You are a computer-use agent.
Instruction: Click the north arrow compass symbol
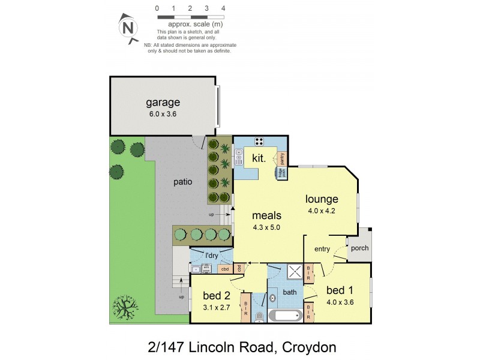click(x=127, y=27)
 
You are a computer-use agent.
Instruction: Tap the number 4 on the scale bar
click(x=223, y=8)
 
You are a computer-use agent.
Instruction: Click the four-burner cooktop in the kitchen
click(x=259, y=142)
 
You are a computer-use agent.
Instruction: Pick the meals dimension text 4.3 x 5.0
click(x=267, y=227)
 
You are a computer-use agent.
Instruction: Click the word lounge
click(x=322, y=199)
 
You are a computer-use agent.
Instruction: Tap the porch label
click(x=360, y=248)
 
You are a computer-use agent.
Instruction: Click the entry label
click(x=322, y=249)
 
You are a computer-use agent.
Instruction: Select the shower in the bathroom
click(x=295, y=271)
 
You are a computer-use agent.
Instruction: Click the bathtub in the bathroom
click(x=285, y=316)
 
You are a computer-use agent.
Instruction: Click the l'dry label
click(x=211, y=256)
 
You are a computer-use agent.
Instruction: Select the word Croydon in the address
click(x=307, y=346)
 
